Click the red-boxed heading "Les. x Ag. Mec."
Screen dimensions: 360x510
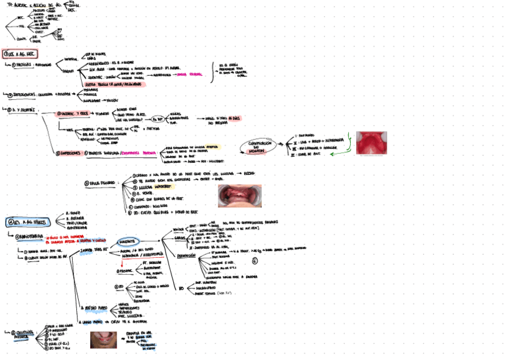click(19, 54)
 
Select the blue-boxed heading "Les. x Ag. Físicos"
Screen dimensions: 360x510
click(26, 222)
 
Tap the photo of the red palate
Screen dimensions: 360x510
click(371, 143)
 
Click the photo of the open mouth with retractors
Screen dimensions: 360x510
click(239, 196)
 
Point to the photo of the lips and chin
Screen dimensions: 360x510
click(103, 340)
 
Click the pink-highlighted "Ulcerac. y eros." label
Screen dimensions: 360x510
click(73, 114)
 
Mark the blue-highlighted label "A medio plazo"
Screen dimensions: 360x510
click(94, 309)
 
